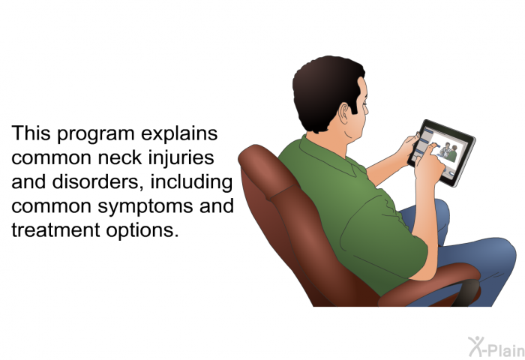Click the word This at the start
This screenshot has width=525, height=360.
point(31,133)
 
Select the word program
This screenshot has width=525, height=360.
point(95,134)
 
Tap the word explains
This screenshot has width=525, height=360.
point(179,134)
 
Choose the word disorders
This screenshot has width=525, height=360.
point(97,182)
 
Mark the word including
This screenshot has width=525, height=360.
point(191,183)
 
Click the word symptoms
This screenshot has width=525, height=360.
point(145,207)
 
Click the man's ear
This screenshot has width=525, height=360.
point(344,113)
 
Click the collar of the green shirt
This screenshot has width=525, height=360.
point(328,154)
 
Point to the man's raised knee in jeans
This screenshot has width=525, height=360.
point(496,254)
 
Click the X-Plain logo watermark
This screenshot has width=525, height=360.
point(496,347)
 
